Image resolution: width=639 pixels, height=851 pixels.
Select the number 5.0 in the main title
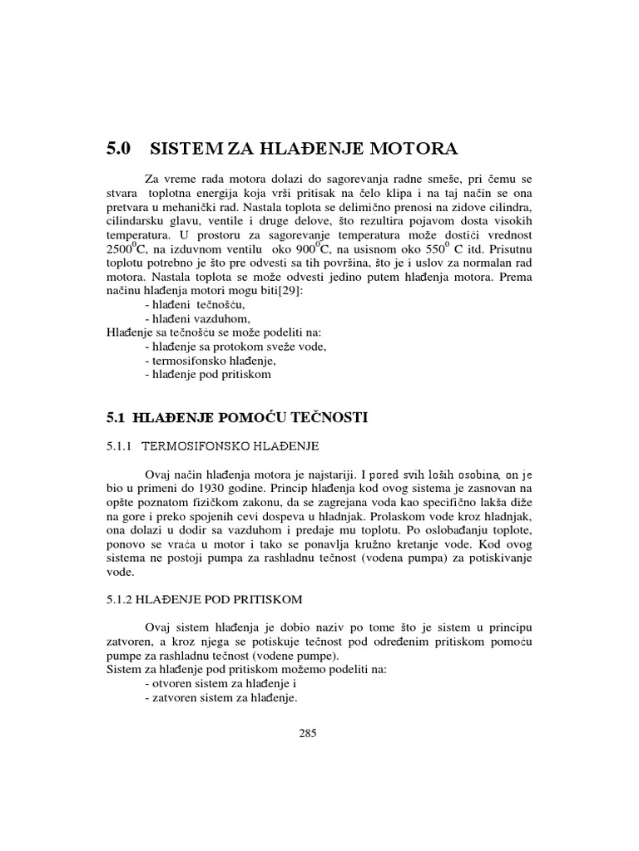pos(120,150)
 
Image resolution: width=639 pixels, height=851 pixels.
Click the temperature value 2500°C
pos(126,248)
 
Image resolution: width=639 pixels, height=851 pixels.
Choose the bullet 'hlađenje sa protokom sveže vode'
pos(235,347)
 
